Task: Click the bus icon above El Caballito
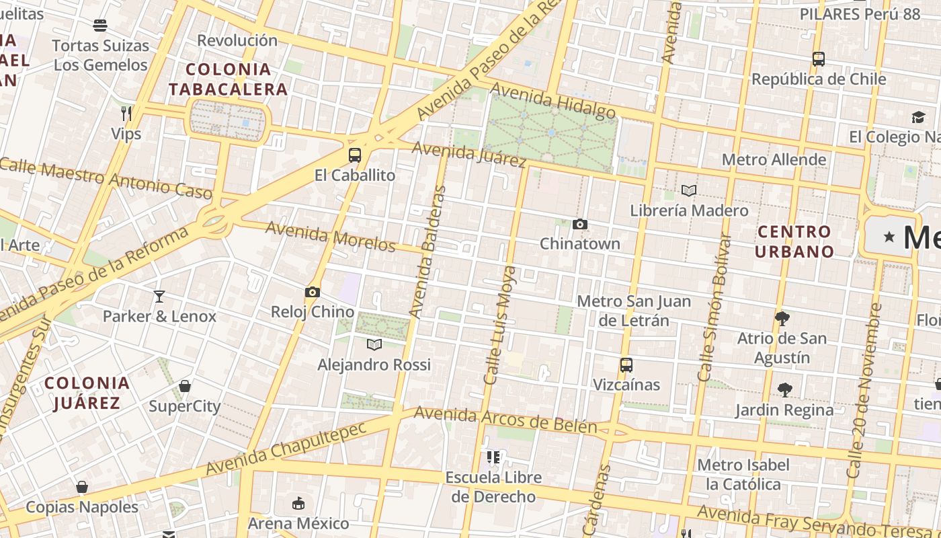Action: (354, 155)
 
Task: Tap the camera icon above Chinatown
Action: (579, 224)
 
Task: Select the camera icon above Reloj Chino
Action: (312, 292)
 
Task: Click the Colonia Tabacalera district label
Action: (228, 79)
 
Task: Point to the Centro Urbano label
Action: (794, 241)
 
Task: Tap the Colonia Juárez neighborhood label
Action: (87, 393)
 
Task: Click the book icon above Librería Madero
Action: (688, 191)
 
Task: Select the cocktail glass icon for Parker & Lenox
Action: (159, 296)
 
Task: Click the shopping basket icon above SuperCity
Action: (184, 386)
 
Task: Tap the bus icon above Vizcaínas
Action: (626, 365)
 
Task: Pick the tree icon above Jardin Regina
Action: (784, 389)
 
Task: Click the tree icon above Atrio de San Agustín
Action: (781, 318)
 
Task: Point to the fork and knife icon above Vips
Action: (126, 113)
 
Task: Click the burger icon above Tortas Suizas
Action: (100, 26)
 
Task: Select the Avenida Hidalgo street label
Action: (553, 100)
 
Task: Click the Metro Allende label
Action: (774, 159)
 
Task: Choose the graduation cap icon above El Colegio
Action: (918, 118)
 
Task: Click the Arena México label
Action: (298, 523)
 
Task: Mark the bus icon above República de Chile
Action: (818, 59)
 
